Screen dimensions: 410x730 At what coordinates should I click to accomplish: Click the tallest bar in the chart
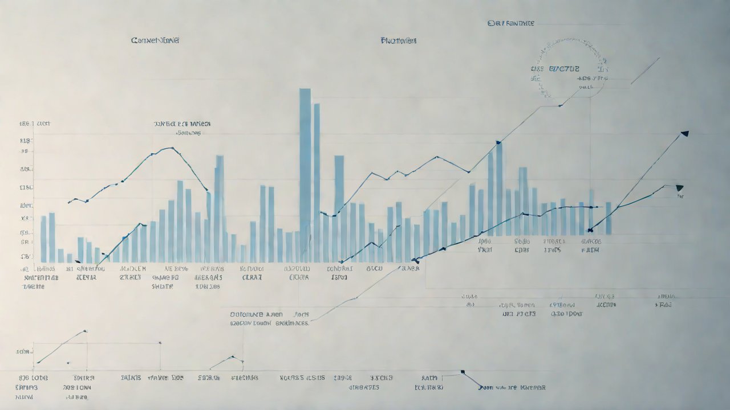pyautogui.click(x=305, y=171)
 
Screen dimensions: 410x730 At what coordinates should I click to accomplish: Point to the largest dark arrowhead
pyautogui.click(x=684, y=134)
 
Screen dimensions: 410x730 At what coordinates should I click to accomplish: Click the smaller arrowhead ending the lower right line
pyautogui.click(x=679, y=187)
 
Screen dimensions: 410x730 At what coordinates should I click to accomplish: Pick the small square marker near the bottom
pyautogui.click(x=463, y=372)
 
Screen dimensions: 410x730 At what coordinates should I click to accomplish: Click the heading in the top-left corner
pyautogui.click(x=155, y=40)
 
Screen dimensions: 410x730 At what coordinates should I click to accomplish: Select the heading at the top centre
pyautogui.click(x=398, y=41)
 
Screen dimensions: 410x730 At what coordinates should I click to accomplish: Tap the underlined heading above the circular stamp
pyautogui.click(x=511, y=23)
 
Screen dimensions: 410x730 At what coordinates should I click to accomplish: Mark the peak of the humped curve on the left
pyautogui.click(x=171, y=148)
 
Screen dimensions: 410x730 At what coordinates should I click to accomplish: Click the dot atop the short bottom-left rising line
pyautogui.click(x=85, y=331)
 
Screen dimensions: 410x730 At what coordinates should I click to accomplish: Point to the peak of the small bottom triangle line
pyautogui.click(x=233, y=357)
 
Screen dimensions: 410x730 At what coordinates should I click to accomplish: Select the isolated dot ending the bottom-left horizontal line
pyautogui.click(x=160, y=343)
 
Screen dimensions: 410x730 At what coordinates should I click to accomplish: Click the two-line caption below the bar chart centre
pyautogui.click(x=269, y=318)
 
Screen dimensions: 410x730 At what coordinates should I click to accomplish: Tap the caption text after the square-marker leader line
pyautogui.click(x=512, y=387)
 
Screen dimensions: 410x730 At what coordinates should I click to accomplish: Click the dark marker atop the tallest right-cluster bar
pyautogui.click(x=498, y=142)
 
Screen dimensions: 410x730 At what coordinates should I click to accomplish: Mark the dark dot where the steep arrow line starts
pyautogui.click(x=590, y=230)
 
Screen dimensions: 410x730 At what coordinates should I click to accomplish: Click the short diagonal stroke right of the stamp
pyautogui.click(x=645, y=70)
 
